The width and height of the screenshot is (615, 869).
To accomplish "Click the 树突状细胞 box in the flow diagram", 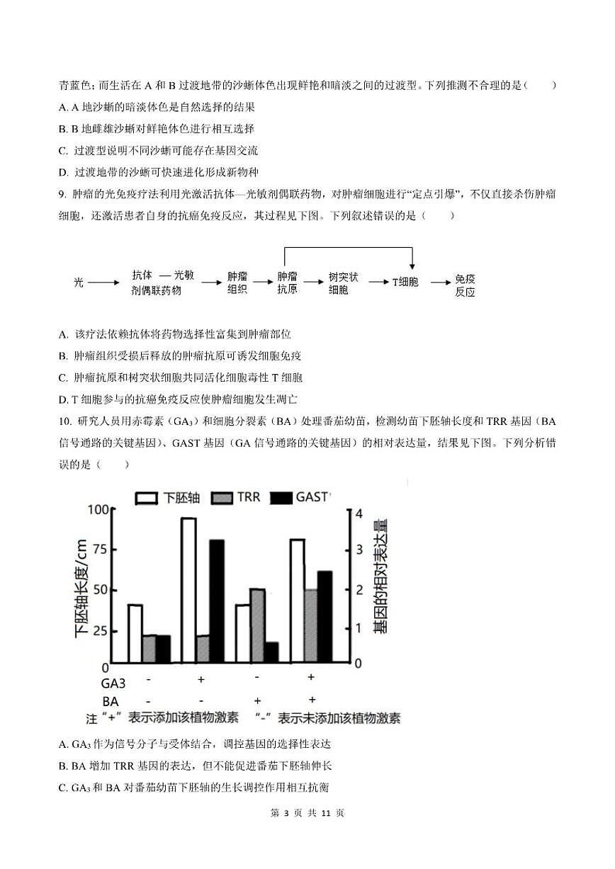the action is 344,283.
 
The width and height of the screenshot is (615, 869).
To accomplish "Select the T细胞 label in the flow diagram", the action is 405,282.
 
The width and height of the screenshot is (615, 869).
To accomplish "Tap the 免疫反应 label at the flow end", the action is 465,285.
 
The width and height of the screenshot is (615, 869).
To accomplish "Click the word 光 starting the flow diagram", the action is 79,282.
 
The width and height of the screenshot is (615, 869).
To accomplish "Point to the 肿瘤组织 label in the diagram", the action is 237,283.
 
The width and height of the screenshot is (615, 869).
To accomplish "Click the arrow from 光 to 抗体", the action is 104,282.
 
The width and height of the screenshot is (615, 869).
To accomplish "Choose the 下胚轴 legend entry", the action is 168,498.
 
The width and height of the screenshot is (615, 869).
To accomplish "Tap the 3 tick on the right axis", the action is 358,550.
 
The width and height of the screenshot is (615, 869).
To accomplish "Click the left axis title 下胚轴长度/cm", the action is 81,588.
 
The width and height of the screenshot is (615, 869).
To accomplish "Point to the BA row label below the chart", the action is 111,701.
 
